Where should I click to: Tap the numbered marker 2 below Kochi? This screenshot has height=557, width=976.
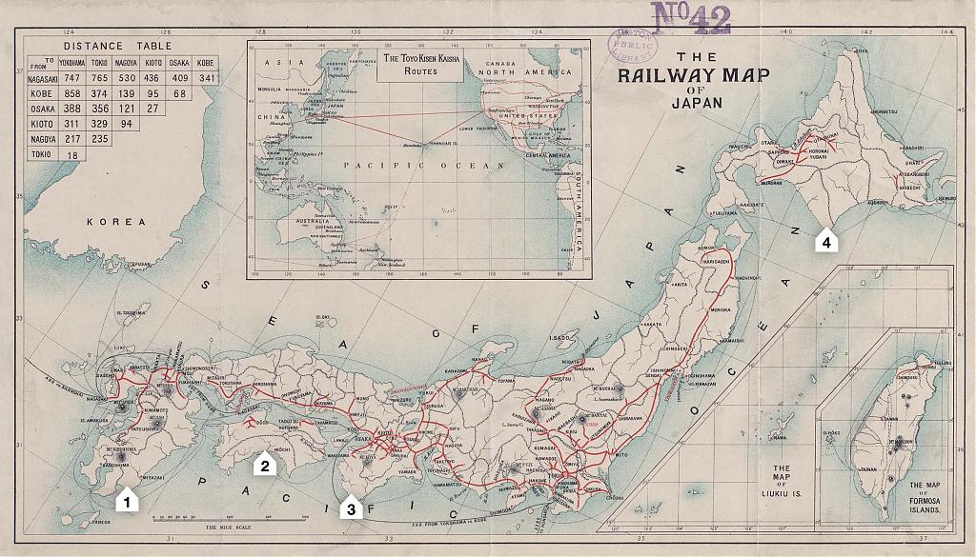(x=264, y=465)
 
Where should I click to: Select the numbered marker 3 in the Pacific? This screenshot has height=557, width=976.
(x=351, y=508)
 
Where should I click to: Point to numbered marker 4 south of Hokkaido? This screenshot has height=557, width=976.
(x=826, y=242)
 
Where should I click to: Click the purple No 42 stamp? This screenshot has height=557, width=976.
(x=690, y=17)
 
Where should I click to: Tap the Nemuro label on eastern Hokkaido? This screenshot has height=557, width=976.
(x=945, y=198)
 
